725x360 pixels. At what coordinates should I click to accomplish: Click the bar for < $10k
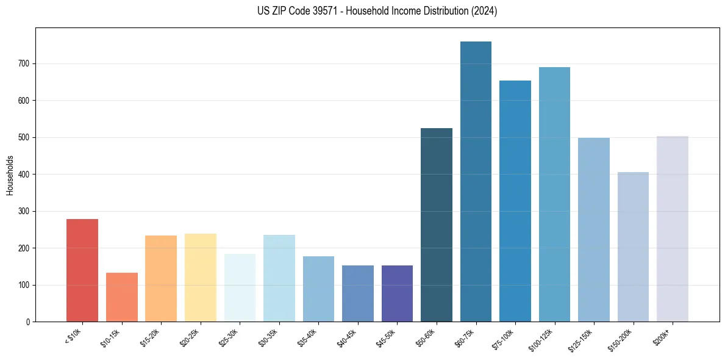click(x=82, y=270)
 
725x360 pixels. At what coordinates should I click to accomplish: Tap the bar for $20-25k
click(x=201, y=278)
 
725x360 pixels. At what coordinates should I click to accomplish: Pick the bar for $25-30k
click(x=240, y=287)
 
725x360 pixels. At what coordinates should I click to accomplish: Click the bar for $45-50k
click(x=397, y=293)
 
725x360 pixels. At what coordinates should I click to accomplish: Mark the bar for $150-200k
click(x=633, y=247)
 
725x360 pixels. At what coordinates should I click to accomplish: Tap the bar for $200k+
click(x=673, y=229)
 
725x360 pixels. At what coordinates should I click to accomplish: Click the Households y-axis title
click(x=10, y=175)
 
